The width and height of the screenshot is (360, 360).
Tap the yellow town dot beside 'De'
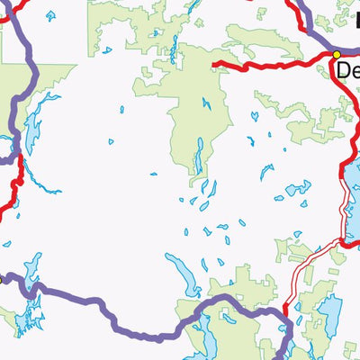point(337,55)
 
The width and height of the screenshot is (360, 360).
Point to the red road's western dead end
point(214,65)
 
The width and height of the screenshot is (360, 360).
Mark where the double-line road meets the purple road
point(286,310)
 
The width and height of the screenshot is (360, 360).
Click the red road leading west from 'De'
point(270,65)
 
